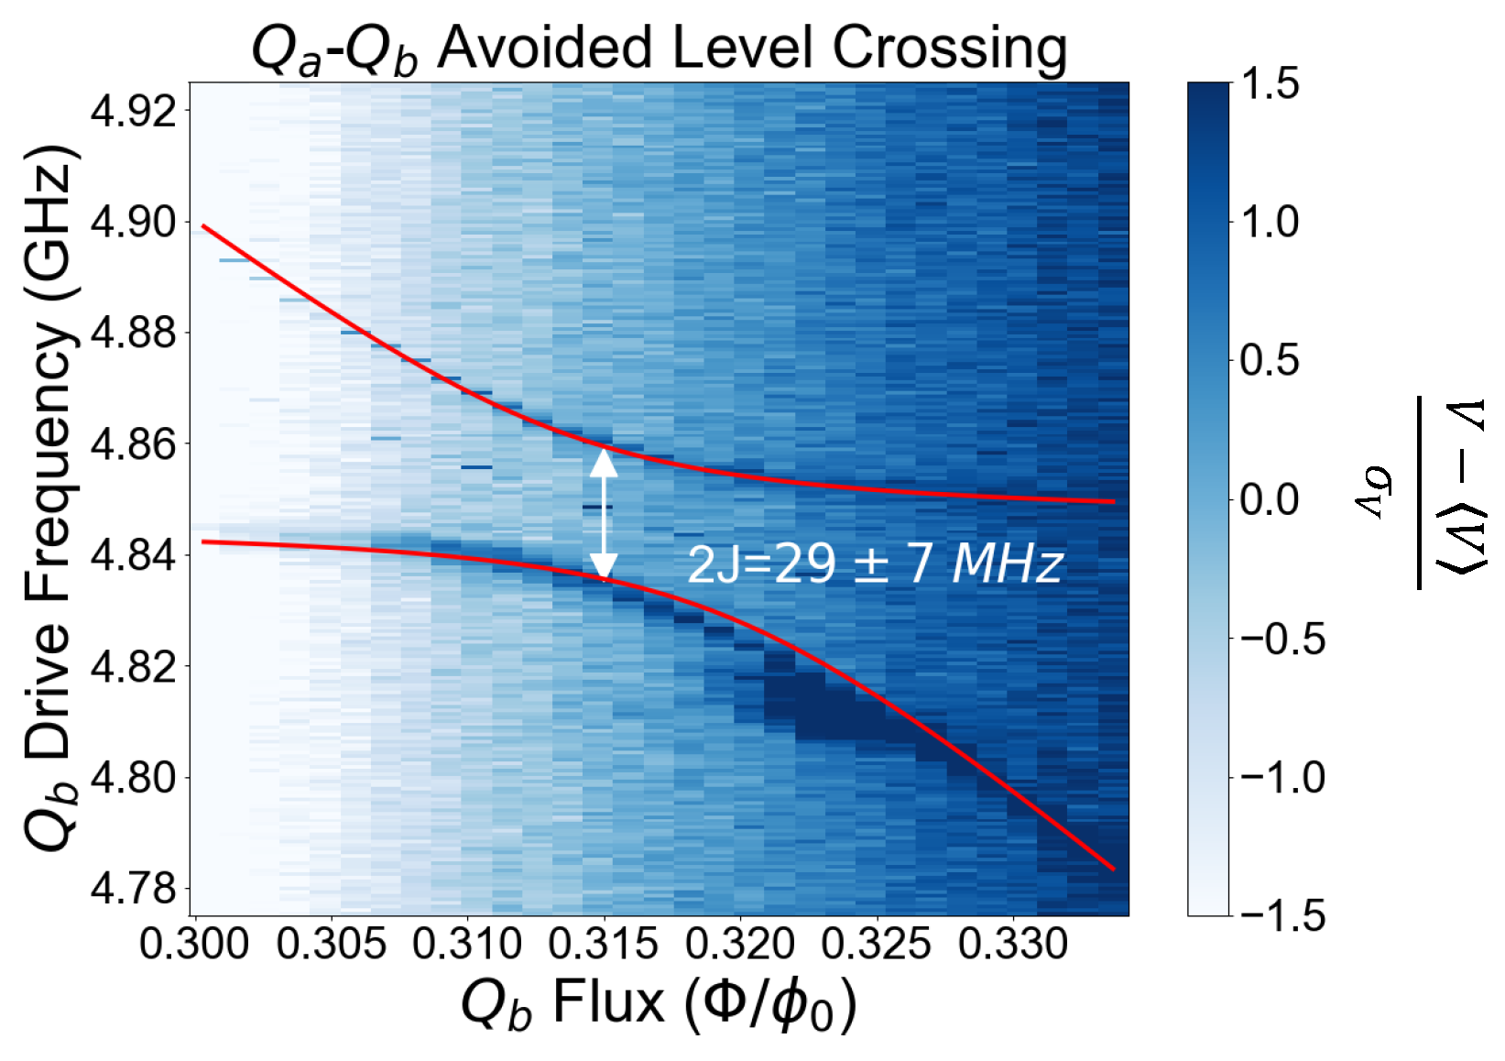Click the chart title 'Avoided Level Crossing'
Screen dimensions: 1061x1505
(x=660, y=47)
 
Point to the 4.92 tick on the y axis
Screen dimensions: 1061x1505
(x=134, y=111)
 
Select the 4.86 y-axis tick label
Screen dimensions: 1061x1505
(x=134, y=444)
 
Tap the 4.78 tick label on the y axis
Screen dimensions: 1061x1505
(x=134, y=888)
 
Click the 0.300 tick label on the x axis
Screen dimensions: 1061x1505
(x=194, y=944)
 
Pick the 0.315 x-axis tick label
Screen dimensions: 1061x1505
(x=604, y=944)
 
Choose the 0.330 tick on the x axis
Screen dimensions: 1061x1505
(x=1013, y=944)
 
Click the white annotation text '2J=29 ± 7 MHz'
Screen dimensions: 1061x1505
(x=875, y=563)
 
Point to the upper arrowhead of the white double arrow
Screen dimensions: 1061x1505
(x=604, y=463)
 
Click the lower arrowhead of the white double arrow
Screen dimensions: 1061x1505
(x=604, y=565)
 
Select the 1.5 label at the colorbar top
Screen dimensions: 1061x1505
(x=1270, y=84)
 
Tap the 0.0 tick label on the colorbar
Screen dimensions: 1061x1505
(x=1270, y=500)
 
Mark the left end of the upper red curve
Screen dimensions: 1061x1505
(x=203, y=225)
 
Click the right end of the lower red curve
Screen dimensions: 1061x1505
(x=1113, y=868)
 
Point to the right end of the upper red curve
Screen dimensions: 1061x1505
(x=1113, y=501)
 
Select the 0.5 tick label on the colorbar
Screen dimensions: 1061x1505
(x=1270, y=361)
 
